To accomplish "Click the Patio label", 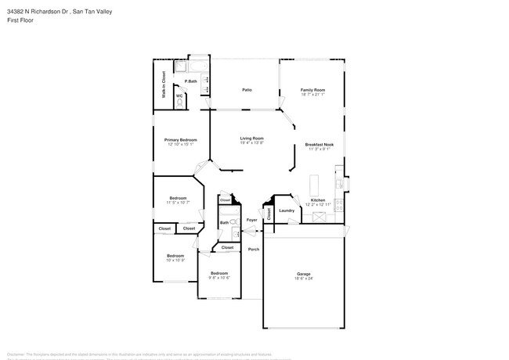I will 247,90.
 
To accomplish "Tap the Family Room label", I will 312,90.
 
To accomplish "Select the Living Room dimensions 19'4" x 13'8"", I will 251,143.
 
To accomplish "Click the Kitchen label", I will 317,200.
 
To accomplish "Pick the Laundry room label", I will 287,210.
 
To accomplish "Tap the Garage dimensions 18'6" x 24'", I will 303,279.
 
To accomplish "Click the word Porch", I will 254,250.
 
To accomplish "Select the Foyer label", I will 251,220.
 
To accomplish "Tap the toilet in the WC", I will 179,103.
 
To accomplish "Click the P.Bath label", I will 190,81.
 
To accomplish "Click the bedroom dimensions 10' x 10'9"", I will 175,260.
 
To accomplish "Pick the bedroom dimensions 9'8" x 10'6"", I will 218,278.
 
